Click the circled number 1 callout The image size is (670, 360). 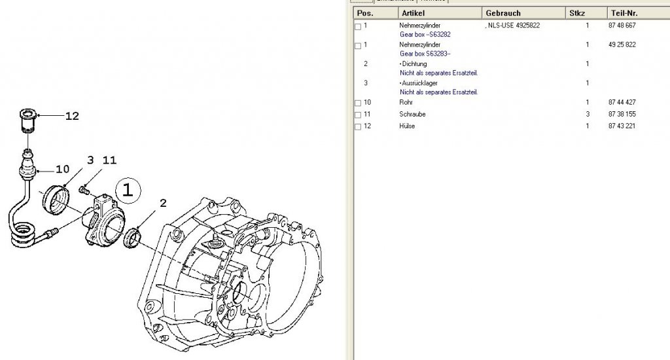click(128, 190)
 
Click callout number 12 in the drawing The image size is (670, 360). click(72, 116)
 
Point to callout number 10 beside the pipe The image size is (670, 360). click(62, 170)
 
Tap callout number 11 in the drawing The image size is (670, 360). click(109, 160)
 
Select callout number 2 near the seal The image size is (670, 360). click(163, 203)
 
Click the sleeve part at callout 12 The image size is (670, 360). click(27, 122)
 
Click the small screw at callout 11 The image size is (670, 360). click(83, 189)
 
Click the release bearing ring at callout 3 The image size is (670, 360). click(56, 199)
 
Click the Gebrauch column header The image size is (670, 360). click(503, 13)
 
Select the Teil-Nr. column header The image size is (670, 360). click(624, 13)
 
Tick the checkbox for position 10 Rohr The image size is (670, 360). click(358, 103)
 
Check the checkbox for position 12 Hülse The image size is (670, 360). click(358, 127)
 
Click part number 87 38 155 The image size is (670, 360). click(622, 114)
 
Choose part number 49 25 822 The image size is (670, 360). click(622, 45)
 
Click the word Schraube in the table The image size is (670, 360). click(412, 114)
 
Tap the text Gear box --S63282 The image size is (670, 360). click(425, 34)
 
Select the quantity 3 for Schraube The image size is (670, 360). click(588, 114)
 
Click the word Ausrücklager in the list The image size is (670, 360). click(419, 83)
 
